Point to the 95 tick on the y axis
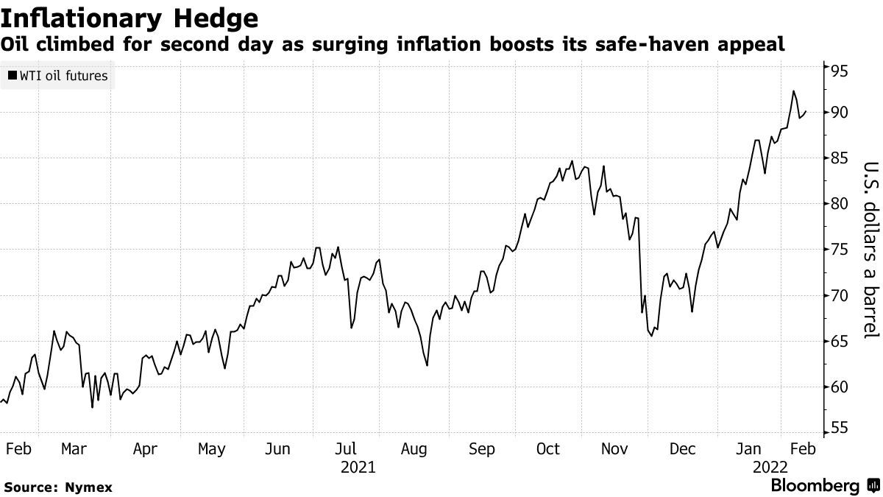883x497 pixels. (840, 71)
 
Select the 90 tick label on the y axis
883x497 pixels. (840, 113)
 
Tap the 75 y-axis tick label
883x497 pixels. (840, 250)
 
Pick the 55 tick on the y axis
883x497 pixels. (840, 429)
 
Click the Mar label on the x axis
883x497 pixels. (75, 448)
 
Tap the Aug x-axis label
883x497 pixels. (414, 448)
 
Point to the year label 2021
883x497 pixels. (358, 468)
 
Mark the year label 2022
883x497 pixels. (770, 468)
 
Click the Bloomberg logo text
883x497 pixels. (815, 486)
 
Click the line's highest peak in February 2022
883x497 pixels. (793, 91)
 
